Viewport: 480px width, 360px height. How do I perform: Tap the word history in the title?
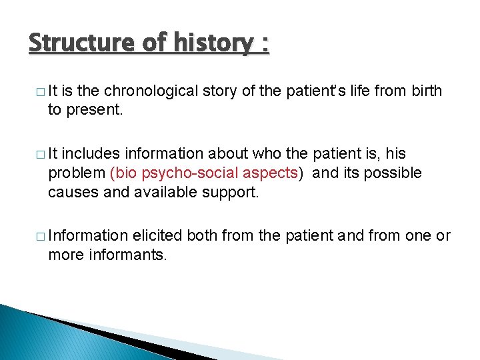coord(215,43)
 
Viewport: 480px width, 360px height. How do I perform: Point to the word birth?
coord(426,91)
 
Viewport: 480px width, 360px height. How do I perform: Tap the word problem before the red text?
coord(77,173)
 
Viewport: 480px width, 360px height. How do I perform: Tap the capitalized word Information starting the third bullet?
coord(88,236)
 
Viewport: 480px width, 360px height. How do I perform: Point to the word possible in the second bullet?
coord(394,173)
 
